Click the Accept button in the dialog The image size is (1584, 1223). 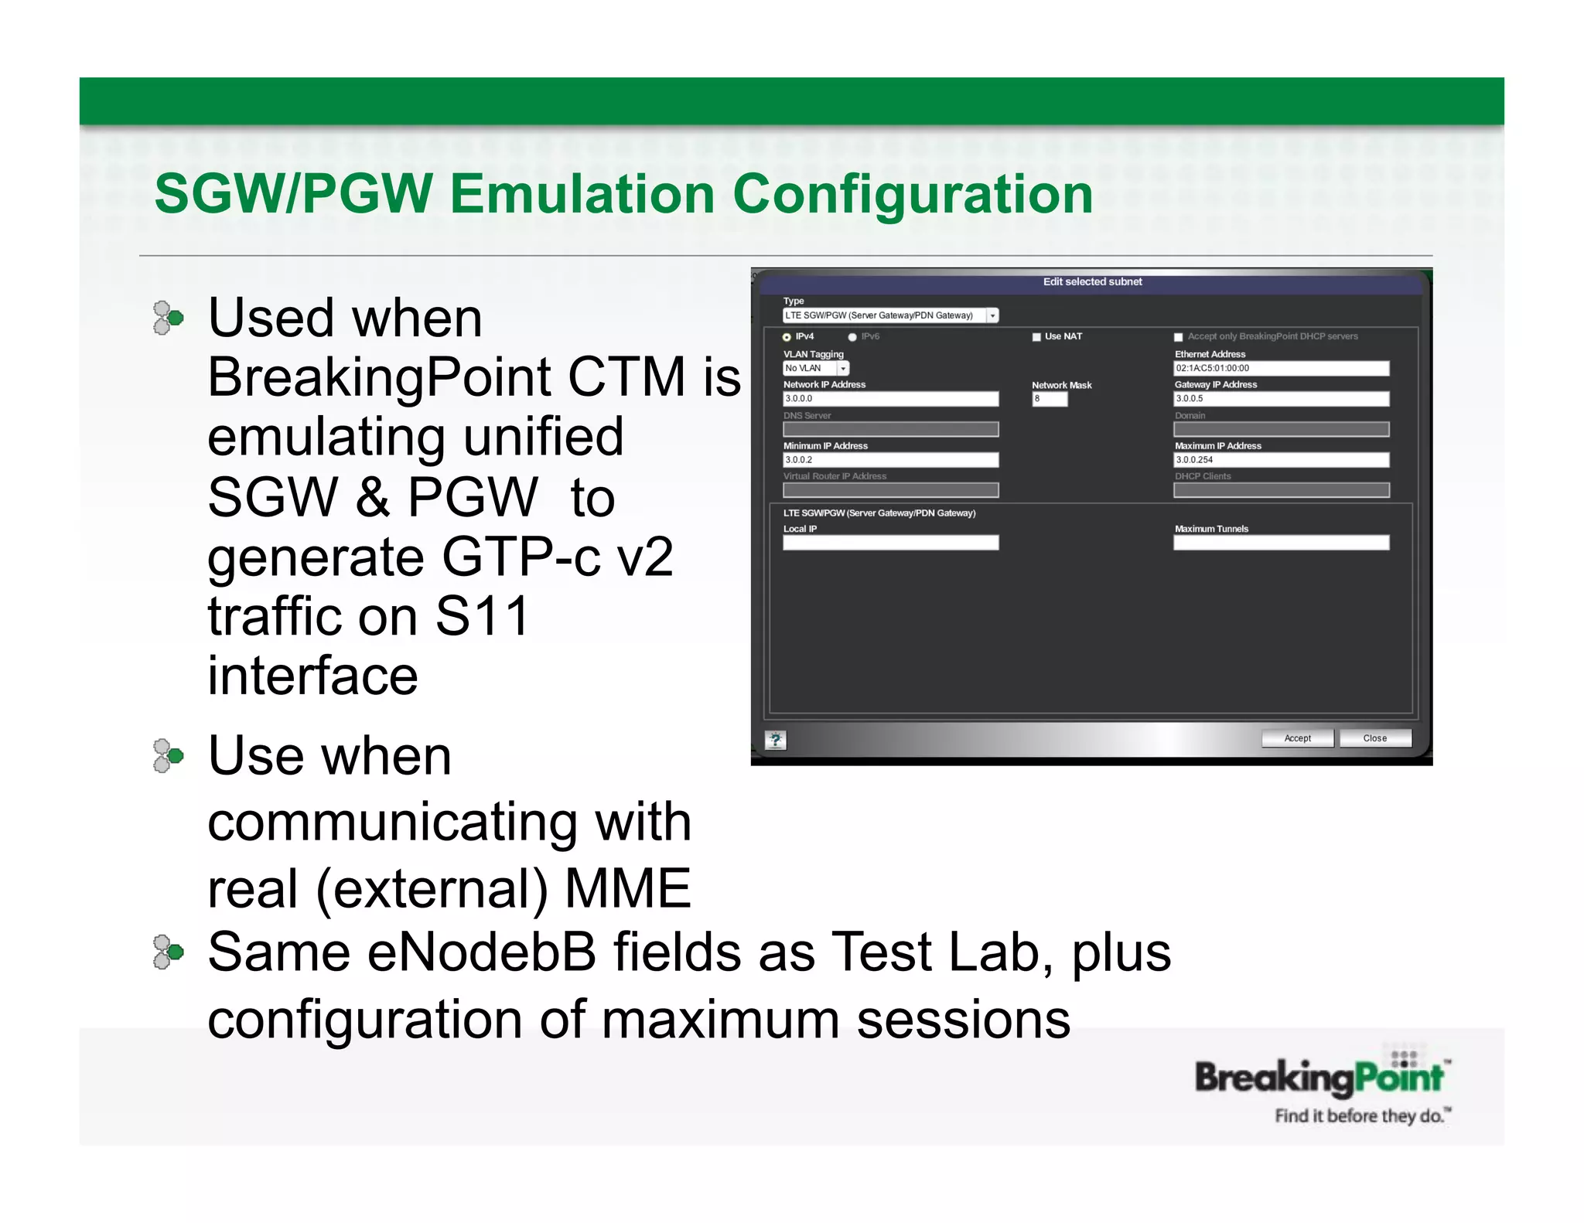pos(1297,738)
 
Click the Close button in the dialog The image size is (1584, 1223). pos(1374,738)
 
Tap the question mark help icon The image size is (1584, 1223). pos(775,740)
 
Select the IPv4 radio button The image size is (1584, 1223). pos(787,337)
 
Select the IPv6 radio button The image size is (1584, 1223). pos(852,337)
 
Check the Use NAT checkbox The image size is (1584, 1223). pos(1036,337)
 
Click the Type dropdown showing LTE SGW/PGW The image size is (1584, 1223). pos(890,315)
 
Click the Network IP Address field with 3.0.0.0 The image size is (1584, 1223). pos(890,399)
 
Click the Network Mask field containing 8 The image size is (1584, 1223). pos(1049,399)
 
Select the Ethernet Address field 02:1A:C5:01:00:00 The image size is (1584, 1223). pos(1281,369)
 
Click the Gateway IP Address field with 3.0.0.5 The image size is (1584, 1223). pos(1281,399)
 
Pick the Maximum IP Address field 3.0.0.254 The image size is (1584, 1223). pos(1281,460)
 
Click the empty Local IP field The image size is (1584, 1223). pos(890,543)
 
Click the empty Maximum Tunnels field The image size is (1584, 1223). pos(1281,543)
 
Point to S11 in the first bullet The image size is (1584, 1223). pos(482,617)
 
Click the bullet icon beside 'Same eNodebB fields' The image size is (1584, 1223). pos(168,952)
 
